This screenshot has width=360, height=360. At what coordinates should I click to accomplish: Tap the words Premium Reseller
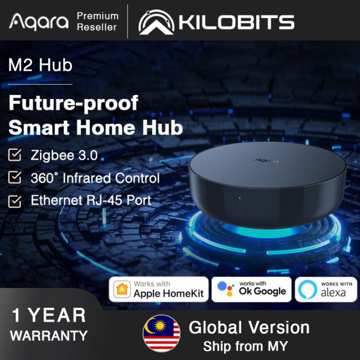click(x=97, y=21)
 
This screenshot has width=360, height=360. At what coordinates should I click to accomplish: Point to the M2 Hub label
click(x=40, y=65)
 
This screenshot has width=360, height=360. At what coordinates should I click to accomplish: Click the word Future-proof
click(x=73, y=103)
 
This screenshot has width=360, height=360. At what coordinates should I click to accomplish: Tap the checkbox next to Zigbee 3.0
click(x=15, y=155)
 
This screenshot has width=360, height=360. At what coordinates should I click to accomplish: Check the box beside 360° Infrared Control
click(x=15, y=178)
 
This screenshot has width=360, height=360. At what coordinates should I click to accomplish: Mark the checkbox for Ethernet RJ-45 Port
click(x=15, y=201)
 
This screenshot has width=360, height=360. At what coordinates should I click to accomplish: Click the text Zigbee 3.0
click(x=63, y=155)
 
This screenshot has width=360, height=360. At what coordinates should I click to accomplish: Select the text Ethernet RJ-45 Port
click(x=91, y=200)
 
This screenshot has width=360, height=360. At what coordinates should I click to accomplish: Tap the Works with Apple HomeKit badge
click(x=159, y=289)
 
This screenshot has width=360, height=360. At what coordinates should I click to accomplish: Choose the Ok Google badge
click(x=251, y=289)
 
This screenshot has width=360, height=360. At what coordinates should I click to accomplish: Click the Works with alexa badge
click(x=326, y=289)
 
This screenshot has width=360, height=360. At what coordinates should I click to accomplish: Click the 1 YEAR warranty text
click(x=49, y=316)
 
